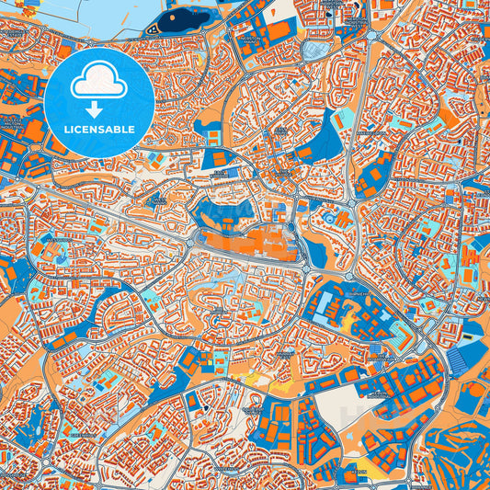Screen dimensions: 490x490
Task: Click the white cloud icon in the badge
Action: pos(99,84)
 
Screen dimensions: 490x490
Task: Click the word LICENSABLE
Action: pos(99,129)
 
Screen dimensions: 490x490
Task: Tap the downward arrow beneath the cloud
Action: pos(99,108)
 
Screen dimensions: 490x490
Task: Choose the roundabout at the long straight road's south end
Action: pos(348,273)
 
